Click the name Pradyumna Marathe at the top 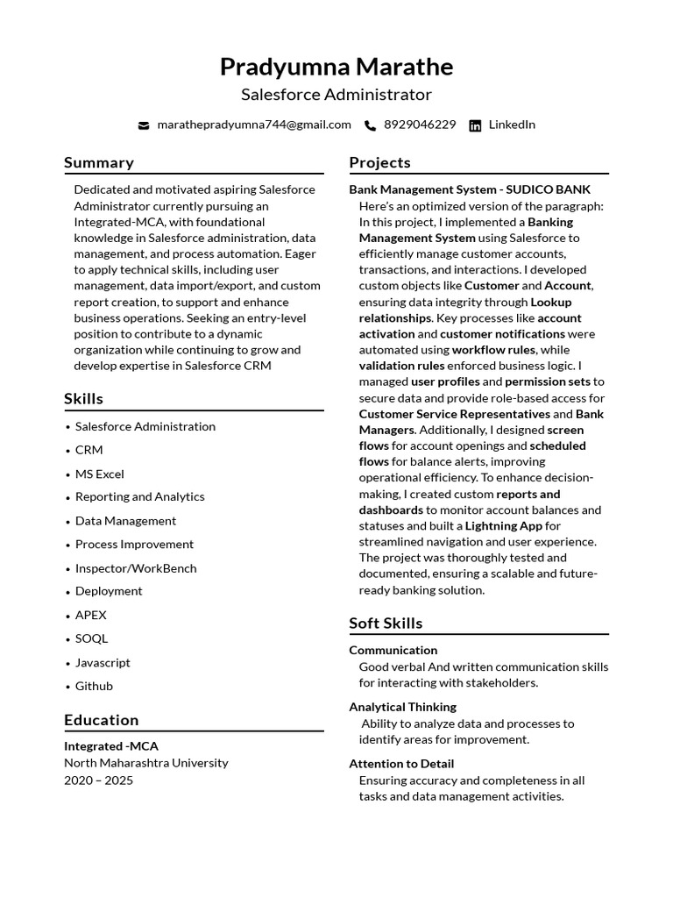(x=336, y=67)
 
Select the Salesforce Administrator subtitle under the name (x=336, y=95)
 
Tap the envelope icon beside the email (x=144, y=125)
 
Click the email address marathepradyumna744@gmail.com (x=253, y=125)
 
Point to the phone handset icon (x=371, y=125)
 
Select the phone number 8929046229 (x=420, y=125)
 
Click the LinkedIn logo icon (x=475, y=125)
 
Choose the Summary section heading (x=99, y=162)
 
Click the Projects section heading (x=379, y=162)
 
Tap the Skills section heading (x=83, y=399)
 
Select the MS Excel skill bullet (x=99, y=474)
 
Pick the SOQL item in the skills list (x=91, y=638)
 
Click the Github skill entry (x=94, y=686)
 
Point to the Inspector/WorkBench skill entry (x=136, y=568)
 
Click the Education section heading (x=101, y=720)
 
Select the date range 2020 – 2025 (x=98, y=780)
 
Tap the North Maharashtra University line (x=145, y=763)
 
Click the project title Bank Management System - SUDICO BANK (x=470, y=189)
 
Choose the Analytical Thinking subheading (x=402, y=707)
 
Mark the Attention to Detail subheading (x=401, y=764)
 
